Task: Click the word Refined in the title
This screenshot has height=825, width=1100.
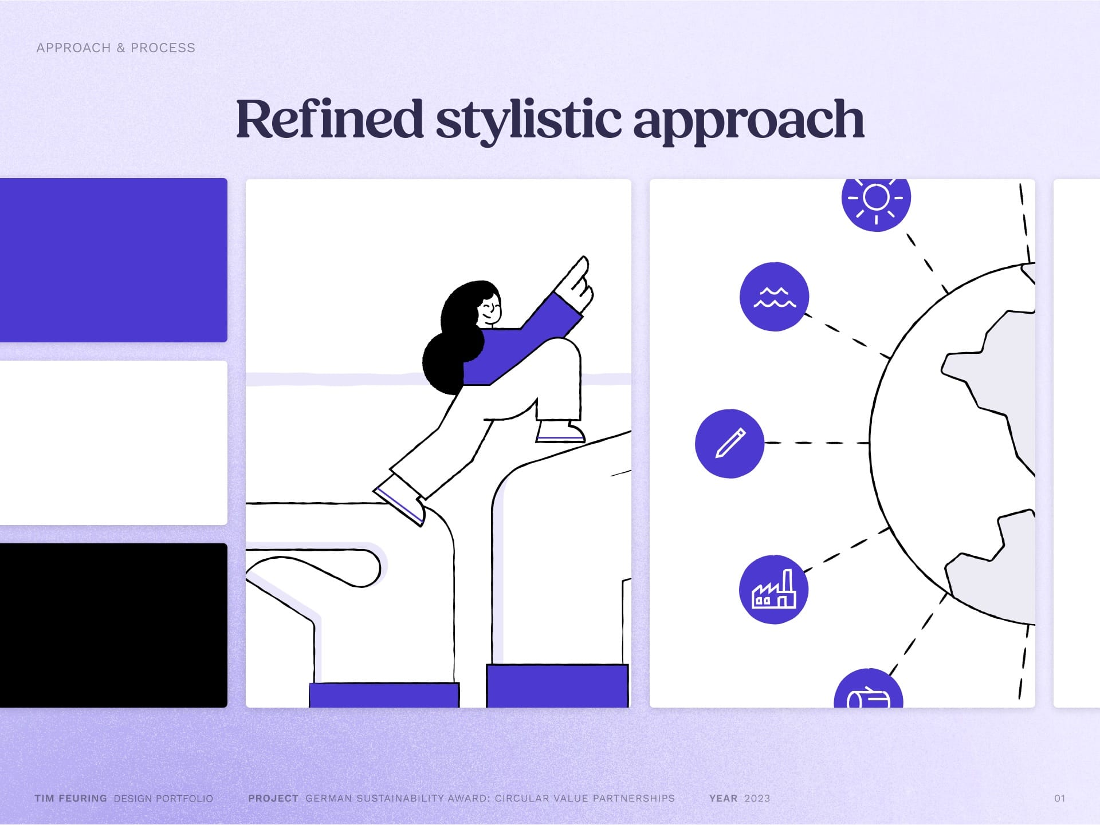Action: click(x=329, y=119)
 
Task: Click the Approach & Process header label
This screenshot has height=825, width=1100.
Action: click(x=116, y=48)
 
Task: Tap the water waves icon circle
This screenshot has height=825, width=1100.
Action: click(x=774, y=297)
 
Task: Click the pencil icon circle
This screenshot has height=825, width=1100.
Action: click(x=729, y=444)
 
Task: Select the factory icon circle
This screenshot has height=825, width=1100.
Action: click(x=773, y=589)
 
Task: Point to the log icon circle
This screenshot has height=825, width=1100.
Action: click(x=868, y=689)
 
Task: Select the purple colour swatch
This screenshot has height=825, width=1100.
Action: click(x=113, y=260)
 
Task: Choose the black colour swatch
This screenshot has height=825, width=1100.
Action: click(x=113, y=625)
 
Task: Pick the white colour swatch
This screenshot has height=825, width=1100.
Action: click(x=113, y=443)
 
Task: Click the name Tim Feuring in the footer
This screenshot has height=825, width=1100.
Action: click(x=70, y=799)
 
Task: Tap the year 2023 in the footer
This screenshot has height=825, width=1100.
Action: click(x=757, y=799)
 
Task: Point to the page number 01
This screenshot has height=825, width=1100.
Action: click(x=1059, y=799)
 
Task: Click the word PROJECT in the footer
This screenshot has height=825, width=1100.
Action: click(x=273, y=799)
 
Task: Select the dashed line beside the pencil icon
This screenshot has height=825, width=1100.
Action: click(x=817, y=443)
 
